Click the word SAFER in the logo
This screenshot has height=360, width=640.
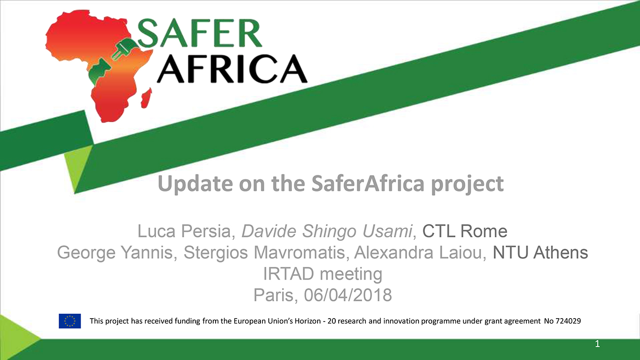[199, 33]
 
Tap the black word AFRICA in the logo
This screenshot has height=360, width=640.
[232, 69]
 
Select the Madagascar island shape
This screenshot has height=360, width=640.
[147, 98]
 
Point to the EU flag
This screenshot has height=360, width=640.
[70, 321]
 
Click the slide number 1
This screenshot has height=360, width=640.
[597, 344]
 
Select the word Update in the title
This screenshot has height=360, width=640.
[195, 184]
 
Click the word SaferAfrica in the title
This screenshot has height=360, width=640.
[368, 183]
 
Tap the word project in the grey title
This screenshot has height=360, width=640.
[467, 184]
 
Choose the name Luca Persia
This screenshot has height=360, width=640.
[184, 231]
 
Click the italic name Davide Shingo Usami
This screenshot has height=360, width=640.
[327, 231]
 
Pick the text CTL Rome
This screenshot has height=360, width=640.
[465, 231]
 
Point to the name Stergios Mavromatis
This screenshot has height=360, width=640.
[264, 253]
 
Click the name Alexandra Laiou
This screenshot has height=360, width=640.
[418, 253]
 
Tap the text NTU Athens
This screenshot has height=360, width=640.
[540, 253]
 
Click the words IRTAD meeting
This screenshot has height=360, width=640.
[322, 274]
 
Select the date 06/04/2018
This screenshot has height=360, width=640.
[348, 295]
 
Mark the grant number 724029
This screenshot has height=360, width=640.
[568, 321]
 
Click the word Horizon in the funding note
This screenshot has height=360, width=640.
[308, 321]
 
